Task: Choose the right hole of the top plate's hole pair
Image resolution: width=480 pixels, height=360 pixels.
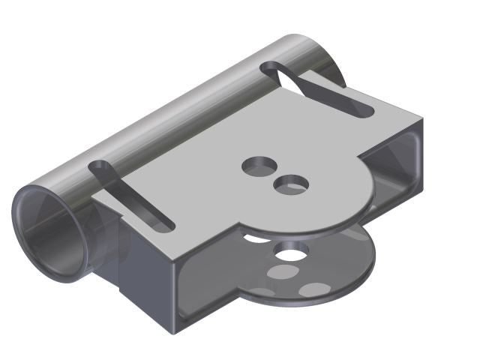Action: [290, 184]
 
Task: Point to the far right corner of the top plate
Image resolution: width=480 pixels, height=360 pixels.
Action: [424, 118]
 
